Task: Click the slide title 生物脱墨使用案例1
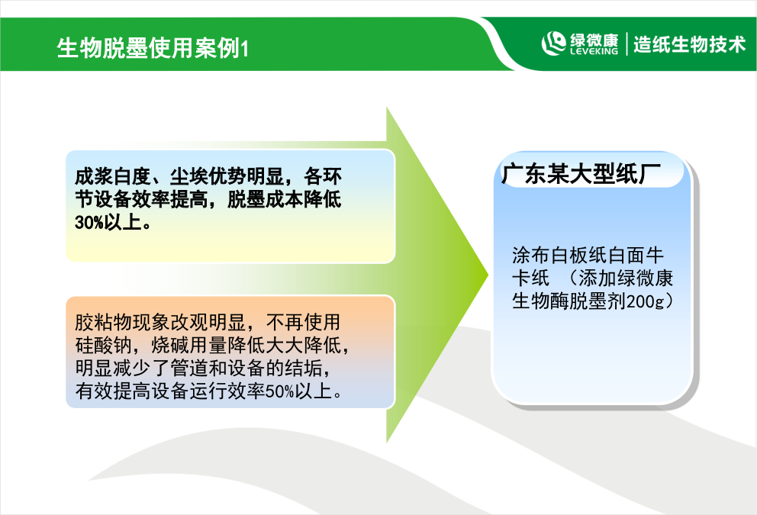click(x=153, y=48)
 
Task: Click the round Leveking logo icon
click(x=554, y=43)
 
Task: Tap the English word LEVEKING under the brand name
click(x=594, y=51)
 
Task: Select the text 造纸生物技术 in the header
click(x=689, y=44)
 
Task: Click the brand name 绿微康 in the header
click(x=594, y=39)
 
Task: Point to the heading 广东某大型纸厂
click(x=581, y=174)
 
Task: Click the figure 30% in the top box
click(x=89, y=223)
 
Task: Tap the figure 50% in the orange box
click(x=279, y=391)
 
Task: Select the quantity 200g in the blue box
click(x=646, y=301)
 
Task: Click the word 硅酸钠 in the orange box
click(x=103, y=345)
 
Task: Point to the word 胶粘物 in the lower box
click(x=103, y=322)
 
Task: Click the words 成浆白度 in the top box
click(x=112, y=177)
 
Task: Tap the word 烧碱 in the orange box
click(x=170, y=345)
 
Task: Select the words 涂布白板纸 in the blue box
click(x=559, y=255)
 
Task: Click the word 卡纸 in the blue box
click(x=530, y=278)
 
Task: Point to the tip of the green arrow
click(x=488, y=275)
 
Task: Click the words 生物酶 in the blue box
click(x=540, y=301)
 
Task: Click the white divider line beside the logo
click(x=627, y=44)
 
